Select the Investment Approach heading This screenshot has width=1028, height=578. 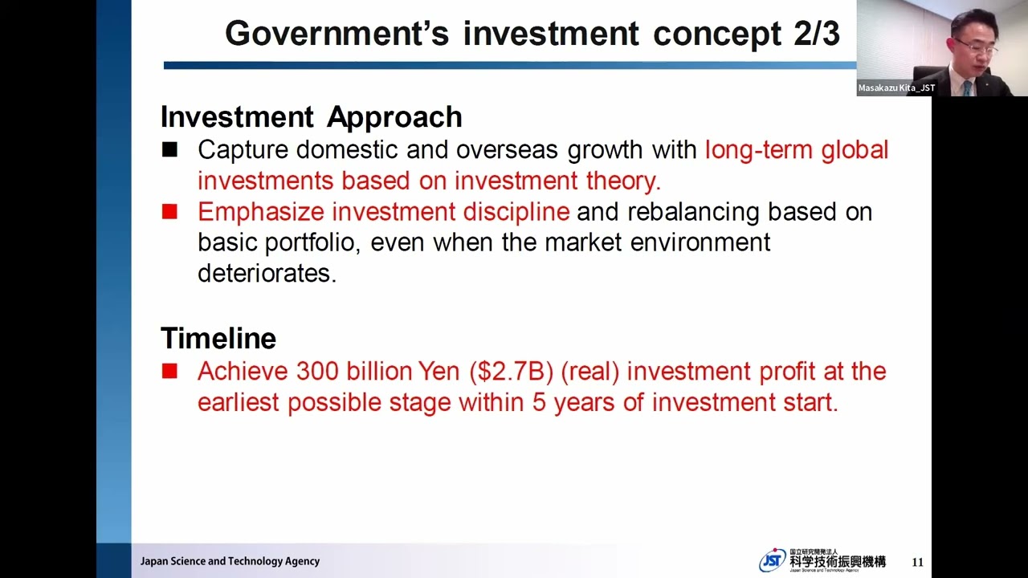coord(312,117)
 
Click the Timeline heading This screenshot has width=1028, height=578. coord(218,338)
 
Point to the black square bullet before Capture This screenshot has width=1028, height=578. coord(169,149)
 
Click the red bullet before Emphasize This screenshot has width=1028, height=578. coord(169,212)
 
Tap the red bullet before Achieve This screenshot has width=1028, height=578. coord(169,371)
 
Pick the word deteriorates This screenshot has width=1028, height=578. coord(267,273)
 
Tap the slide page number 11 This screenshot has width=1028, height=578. coord(918,562)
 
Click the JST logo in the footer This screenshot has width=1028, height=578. coord(773,560)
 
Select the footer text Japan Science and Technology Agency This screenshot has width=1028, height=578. coord(230,561)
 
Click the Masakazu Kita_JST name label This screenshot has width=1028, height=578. coord(896,88)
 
